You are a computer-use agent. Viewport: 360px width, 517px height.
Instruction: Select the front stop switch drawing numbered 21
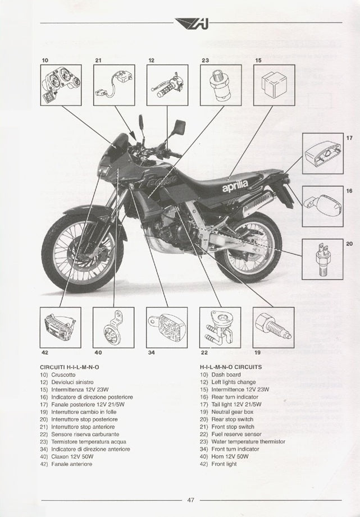[x=114, y=85]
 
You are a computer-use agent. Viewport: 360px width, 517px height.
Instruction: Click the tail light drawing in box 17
[x=323, y=154]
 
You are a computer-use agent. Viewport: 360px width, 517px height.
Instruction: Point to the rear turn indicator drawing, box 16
[x=322, y=207]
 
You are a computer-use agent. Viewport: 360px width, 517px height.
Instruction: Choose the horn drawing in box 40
[x=113, y=328]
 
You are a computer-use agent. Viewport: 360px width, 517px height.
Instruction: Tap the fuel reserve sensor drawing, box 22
[x=220, y=328]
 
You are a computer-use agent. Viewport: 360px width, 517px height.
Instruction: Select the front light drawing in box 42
[x=60, y=327]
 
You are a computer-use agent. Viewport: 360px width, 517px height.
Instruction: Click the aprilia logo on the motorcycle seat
[x=235, y=185]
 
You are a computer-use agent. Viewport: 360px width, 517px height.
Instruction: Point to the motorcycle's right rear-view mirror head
[x=179, y=127]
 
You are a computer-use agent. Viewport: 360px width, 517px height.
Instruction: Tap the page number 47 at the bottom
[x=191, y=500]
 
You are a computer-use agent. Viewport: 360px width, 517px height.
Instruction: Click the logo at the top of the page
[x=192, y=24]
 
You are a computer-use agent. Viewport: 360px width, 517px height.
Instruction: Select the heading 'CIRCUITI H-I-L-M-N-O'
[x=70, y=367]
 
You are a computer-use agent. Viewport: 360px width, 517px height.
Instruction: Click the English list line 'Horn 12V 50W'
[x=230, y=457]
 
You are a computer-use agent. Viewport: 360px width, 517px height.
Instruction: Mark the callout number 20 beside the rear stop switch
[x=349, y=244]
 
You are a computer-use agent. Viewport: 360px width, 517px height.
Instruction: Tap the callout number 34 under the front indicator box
[x=151, y=353]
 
